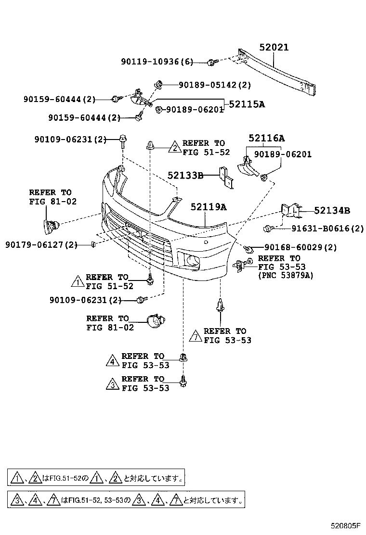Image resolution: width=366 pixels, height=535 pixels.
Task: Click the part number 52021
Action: (x=274, y=48)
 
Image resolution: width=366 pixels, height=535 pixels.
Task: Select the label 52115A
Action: (x=247, y=104)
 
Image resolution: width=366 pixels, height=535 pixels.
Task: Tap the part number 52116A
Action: (x=266, y=139)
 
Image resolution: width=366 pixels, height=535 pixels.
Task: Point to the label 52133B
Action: (x=185, y=176)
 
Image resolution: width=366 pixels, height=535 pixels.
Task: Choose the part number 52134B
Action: (x=332, y=210)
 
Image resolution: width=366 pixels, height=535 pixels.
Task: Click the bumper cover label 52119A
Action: (x=208, y=207)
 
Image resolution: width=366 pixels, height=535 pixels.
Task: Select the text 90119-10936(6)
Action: (x=157, y=62)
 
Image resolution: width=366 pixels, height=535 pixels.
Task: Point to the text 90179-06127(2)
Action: (x=41, y=245)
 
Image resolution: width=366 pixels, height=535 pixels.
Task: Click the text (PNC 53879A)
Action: (x=286, y=275)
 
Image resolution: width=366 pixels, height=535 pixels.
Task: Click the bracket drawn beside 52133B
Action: (x=226, y=177)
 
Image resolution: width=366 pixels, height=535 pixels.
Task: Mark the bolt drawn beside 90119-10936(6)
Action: (x=211, y=62)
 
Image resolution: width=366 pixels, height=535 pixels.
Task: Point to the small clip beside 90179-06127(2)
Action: (x=93, y=245)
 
